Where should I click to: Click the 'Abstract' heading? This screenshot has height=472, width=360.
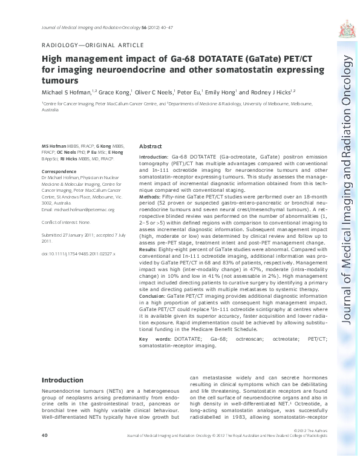(x=150, y=147)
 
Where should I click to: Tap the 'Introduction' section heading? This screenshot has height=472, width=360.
(x=66, y=380)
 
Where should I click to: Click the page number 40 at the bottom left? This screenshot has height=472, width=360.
(x=44, y=435)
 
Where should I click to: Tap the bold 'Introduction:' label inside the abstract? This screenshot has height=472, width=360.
(x=156, y=156)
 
